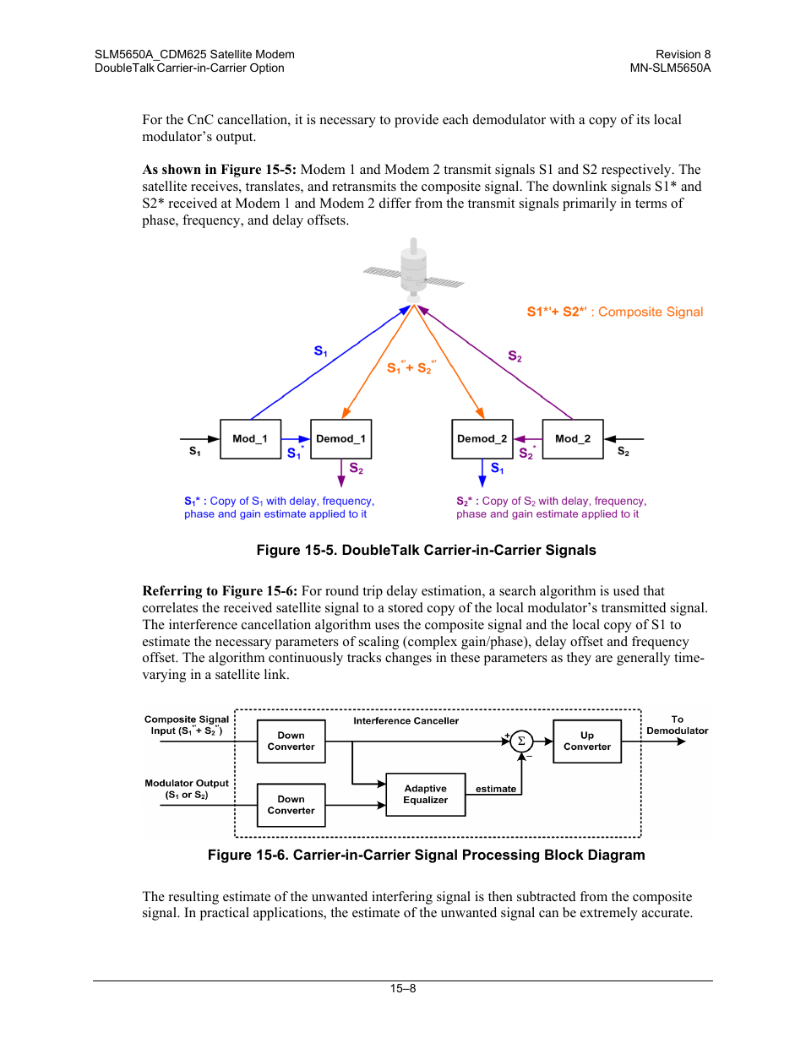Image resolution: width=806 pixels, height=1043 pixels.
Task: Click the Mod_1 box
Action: [250, 438]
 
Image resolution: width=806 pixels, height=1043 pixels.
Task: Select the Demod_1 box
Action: [340, 438]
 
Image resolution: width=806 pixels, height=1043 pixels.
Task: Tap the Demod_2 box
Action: [482, 438]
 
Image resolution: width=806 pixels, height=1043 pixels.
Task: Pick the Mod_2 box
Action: [573, 438]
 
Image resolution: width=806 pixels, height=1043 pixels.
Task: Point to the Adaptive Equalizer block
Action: [425, 795]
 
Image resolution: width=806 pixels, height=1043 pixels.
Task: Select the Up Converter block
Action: [587, 742]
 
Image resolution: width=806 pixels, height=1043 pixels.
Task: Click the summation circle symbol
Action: [521, 742]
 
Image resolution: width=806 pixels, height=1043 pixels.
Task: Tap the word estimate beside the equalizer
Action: [496, 789]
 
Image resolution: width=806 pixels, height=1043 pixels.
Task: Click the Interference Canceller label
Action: [406, 720]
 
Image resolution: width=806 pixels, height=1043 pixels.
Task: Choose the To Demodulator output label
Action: [678, 725]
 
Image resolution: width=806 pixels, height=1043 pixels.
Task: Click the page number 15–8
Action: [403, 988]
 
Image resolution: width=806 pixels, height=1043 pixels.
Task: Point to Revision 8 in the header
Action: [683, 54]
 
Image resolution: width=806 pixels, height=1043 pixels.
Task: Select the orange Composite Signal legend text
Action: [615, 312]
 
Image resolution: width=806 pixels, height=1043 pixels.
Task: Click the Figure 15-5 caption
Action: [427, 550]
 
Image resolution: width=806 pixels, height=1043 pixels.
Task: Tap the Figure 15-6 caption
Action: [427, 855]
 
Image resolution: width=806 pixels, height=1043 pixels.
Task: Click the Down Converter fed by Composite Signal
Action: [291, 742]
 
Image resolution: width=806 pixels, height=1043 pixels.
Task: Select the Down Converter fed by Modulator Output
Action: [291, 805]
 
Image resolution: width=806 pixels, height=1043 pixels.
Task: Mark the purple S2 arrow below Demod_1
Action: [341, 473]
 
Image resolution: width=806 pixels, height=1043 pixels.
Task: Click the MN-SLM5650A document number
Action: [670, 68]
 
